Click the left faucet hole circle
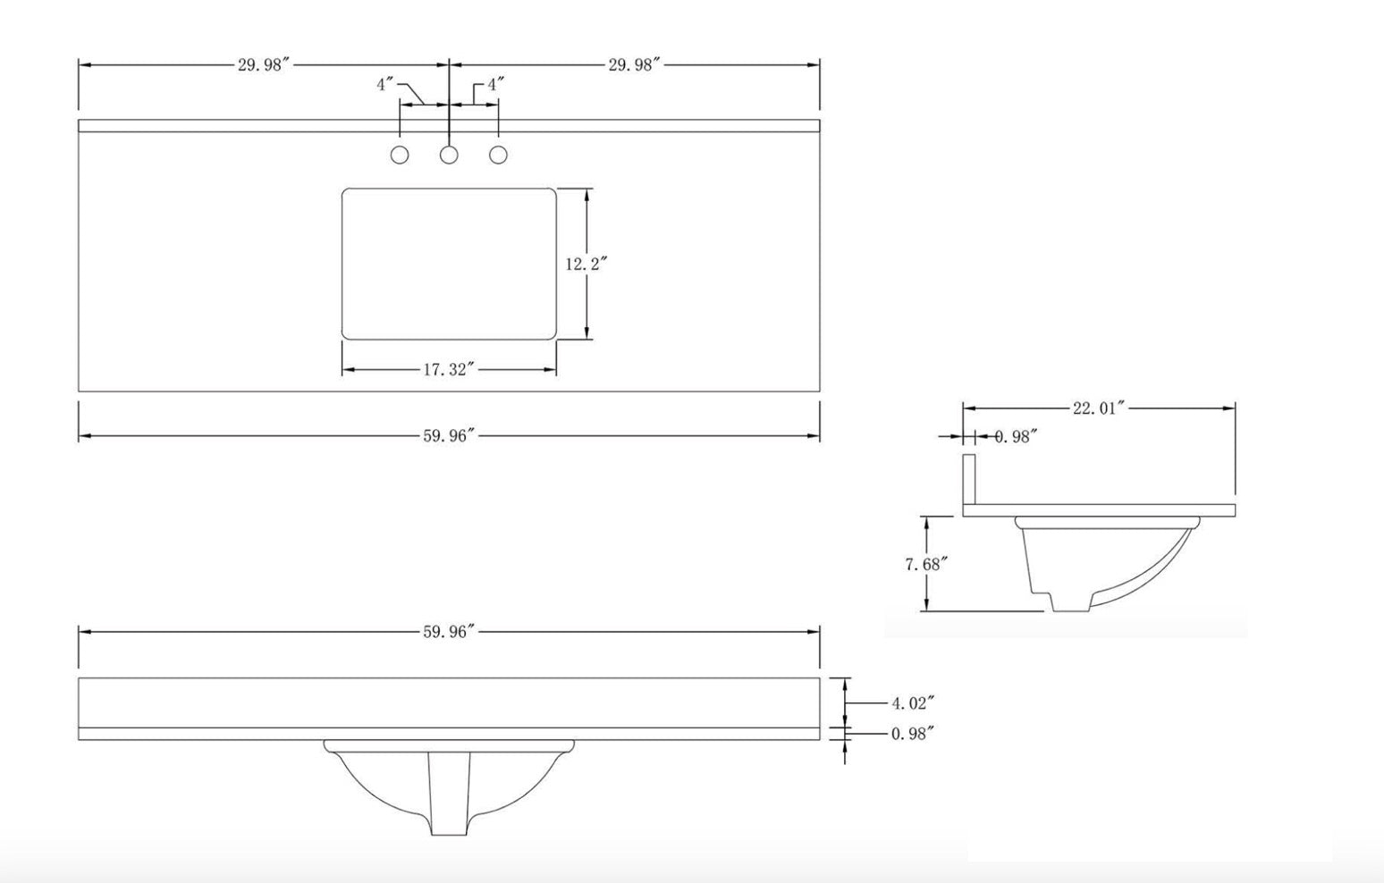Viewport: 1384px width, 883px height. [x=400, y=156]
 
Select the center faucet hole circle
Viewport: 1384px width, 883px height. [x=449, y=156]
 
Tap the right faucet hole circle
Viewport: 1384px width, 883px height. [x=498, y=156]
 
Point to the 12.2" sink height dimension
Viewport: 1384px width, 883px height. [x=586, y=265]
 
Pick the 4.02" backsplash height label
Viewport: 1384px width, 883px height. [x=913, y=704]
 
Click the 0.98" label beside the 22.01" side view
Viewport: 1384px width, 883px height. [x=1016, y=437]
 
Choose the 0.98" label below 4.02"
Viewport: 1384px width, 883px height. [x=913, y=734]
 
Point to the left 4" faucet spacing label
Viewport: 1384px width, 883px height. [x=384, y=85]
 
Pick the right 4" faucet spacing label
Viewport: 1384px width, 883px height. [x=495, y=85]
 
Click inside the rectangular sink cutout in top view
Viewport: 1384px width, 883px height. [x=449, y=265]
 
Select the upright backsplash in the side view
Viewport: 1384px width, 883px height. [x=968, y=480]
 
